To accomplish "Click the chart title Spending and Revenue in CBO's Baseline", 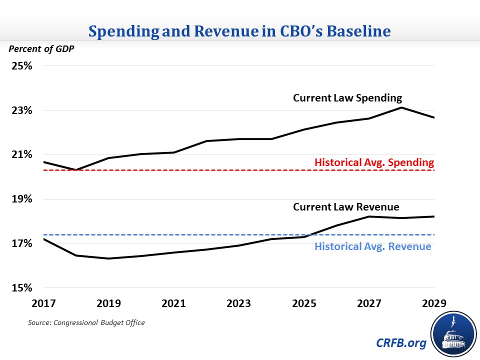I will click(239, 31).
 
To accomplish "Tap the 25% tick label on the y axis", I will click(22, 66).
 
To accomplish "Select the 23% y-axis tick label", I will click(22, 110).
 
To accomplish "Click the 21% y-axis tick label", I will click(22, 155).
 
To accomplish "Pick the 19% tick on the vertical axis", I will click(22, 199).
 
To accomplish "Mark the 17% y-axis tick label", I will click(22, 244).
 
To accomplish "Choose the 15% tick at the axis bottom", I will click(22, 288).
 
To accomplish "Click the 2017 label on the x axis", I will click(44, 304).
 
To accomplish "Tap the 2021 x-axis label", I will click(174, 304).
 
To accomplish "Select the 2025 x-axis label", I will click(304, 304).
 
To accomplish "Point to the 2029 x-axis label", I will click(434, 304).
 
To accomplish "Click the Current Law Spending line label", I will click(347, 98).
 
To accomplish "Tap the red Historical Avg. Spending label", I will click(374, 162).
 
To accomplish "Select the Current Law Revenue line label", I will click(346, 207).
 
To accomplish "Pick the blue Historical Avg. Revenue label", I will click(372, 246).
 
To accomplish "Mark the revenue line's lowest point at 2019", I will click(109, 258).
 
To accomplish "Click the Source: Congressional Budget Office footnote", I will click(86, 323).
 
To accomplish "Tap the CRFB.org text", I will click(401, 344).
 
